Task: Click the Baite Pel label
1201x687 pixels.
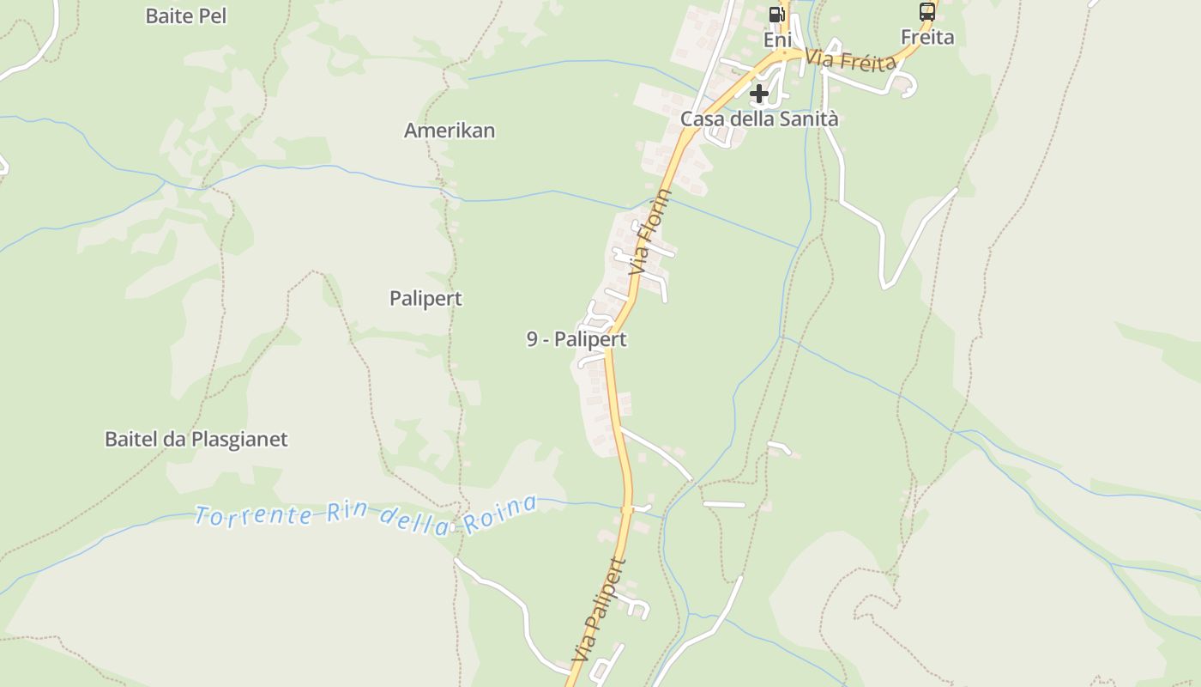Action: pos(186,15)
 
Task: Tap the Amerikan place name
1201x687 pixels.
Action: pos(450,131)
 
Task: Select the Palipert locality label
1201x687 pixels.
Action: pos(425,298)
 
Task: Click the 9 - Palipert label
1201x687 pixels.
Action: pos(576,339)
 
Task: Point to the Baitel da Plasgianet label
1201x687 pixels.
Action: pos(196,439)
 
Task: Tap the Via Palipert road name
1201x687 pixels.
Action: pos(599,610)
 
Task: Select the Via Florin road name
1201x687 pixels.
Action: pos(650,232)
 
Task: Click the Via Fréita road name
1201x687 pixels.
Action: pos(852,60)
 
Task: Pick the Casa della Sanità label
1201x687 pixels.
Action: pos(759,119)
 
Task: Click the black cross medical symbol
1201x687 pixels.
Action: pos(759,94)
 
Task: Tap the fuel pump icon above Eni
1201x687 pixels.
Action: pos(777,14)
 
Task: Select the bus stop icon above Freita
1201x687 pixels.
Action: pos(927,12)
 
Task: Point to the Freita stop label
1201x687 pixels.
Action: pos(927,37)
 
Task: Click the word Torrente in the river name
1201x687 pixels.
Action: pos(253,515)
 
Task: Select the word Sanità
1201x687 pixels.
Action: pos(808,119)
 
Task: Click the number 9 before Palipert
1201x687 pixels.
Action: pos(532,339)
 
